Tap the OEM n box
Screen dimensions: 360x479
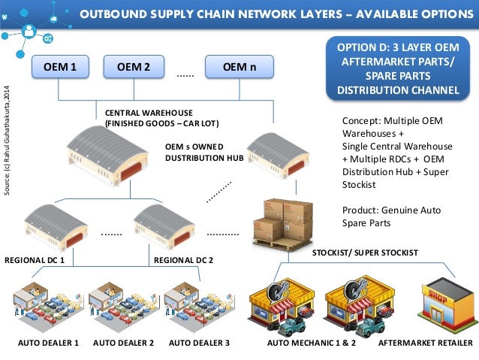[239, 67]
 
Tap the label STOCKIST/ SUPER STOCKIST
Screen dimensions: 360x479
[364, 253]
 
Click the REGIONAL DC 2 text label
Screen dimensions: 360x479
[183, 260]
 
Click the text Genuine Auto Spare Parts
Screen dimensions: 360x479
[380, 217]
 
